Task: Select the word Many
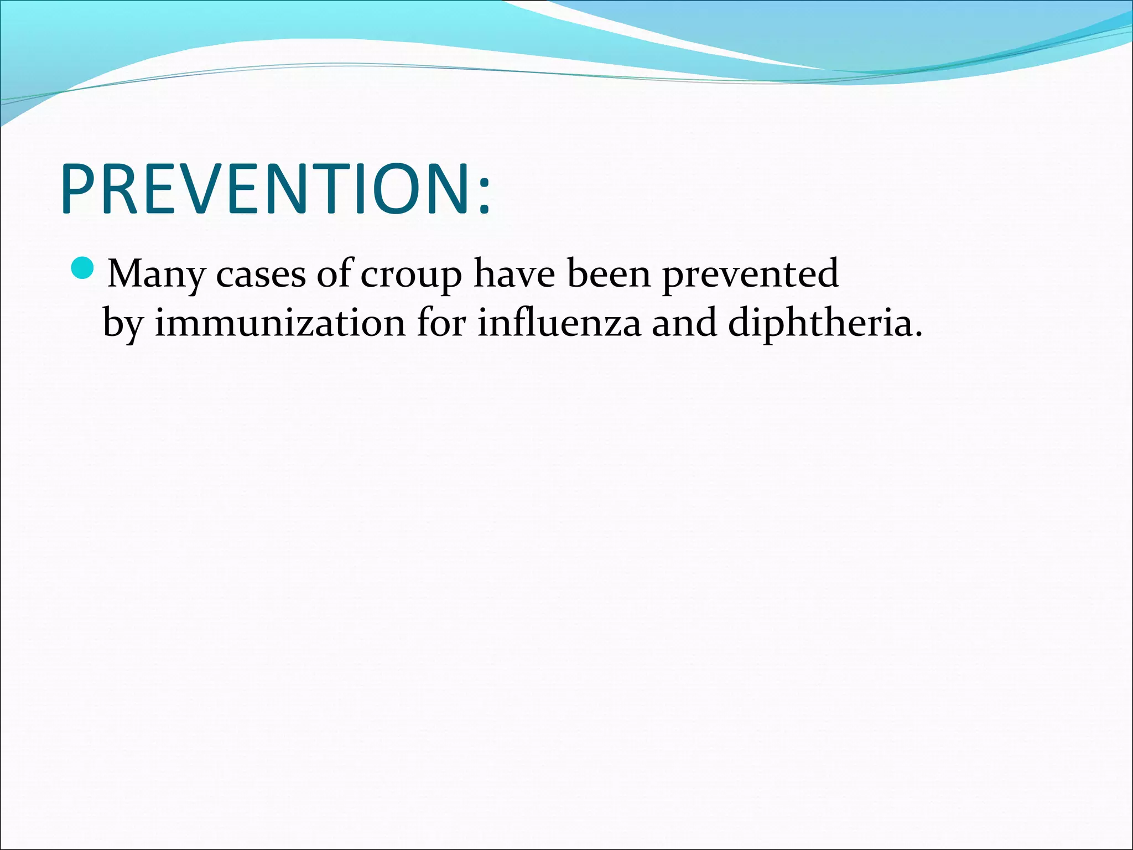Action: point(155,274)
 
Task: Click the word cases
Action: point(261,274)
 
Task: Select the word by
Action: point(123,324)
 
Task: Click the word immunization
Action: point(280,323)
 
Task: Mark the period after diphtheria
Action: point(919,334)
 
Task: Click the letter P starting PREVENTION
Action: point(79,189)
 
